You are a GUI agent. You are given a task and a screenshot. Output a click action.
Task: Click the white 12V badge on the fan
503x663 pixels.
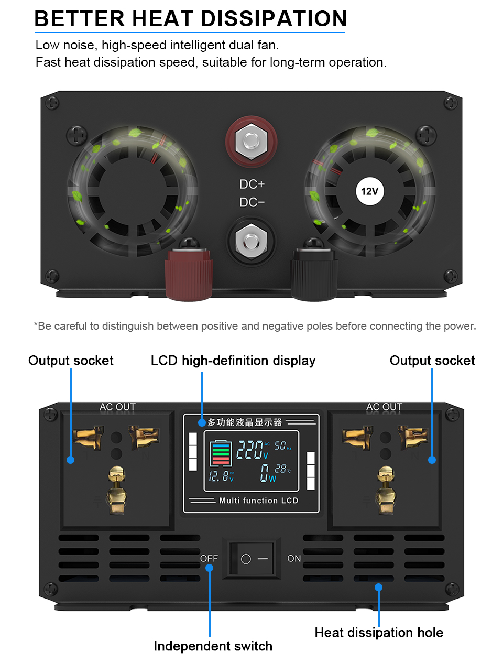click(369, 191)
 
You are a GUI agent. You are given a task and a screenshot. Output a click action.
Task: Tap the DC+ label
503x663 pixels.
click(252, 184)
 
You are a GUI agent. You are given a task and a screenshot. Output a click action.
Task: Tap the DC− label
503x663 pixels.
click(252, 202)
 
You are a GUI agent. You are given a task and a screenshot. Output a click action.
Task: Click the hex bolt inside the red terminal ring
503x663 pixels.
click(251, 142)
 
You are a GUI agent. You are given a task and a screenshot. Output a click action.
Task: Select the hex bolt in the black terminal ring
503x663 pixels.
click(251, 241)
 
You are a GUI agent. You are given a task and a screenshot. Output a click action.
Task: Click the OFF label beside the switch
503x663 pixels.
click(209, 559)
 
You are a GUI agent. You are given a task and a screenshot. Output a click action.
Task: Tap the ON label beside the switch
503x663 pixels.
click(294, 559)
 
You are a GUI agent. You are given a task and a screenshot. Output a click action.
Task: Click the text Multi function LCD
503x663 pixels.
click(259, 501)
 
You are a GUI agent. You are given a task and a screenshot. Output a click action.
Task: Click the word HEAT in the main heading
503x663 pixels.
click(163, 18)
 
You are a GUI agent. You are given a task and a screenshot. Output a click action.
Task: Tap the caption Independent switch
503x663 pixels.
click(213, 646)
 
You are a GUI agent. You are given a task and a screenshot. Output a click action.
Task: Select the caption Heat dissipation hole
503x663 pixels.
click(379, 633)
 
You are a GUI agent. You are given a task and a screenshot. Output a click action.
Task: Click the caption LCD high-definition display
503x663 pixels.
click(233, 361)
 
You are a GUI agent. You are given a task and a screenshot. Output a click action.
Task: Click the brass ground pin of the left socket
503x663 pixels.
click(117, 490)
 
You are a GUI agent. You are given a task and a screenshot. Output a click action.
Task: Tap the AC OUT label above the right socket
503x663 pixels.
click(384, 407)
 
